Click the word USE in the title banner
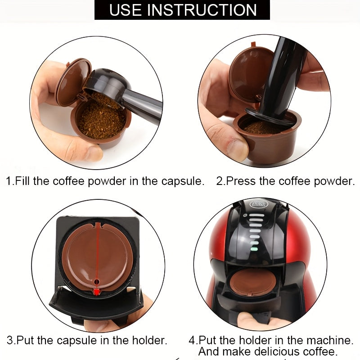tap(126, 9)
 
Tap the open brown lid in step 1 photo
tap(72, 81)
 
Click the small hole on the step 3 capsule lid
tap(96, 282)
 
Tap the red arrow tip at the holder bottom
tap(96, 292)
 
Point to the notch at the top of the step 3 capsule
tap(96, 224)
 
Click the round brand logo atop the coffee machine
tap(259, 205)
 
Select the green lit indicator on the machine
tap(254, 247)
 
